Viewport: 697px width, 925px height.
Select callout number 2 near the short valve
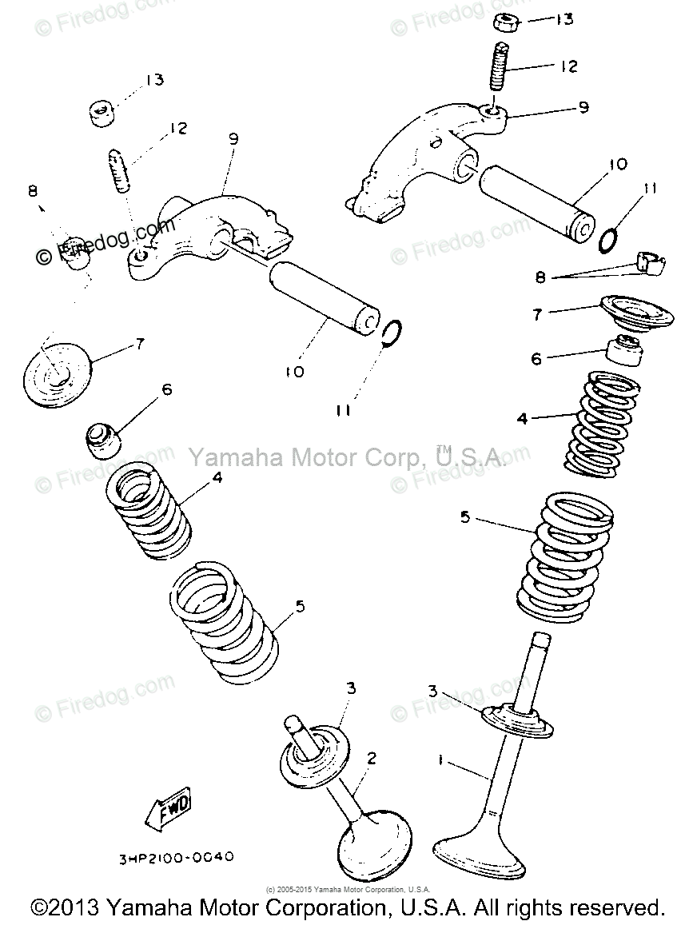click(370, 758)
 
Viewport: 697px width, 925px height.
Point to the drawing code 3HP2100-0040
click(176, 858)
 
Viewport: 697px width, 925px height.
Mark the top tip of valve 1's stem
click(541, 640)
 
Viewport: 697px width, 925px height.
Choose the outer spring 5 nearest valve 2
click(228, 624)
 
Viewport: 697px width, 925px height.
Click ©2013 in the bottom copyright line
click(64, 909)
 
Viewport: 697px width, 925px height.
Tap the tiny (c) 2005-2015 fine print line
click(348, 889)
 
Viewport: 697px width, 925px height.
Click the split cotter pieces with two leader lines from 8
click(651, 263)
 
